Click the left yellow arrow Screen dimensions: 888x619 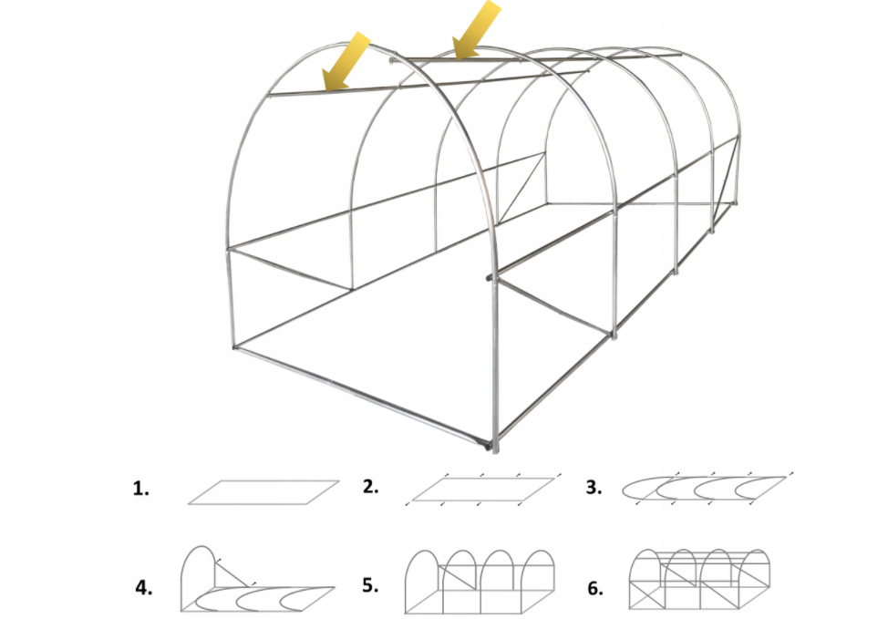click(x=346, y=61)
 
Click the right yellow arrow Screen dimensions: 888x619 click(x=476, y=29)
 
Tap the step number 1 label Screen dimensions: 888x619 click(x=141, y=488)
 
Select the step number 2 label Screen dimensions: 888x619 click(x=370, y=487)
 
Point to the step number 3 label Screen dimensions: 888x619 click(x=594, y=487)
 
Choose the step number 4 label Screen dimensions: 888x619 click(x=144, y=588)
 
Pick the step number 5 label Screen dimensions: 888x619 click(x=370, y=585)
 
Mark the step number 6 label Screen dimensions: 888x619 click(x=595, y=588)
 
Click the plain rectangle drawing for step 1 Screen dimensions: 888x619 click(x=263, y=492)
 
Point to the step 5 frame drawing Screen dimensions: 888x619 click(x=480, y=582)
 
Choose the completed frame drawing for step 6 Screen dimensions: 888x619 click(x=699, y=580)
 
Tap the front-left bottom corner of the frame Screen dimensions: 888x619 click(x=235, y=346)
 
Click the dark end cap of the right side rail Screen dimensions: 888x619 click(x=489, y=277)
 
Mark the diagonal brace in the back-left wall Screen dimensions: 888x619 click(x=521, y=188)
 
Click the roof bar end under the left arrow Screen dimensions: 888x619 click(x=271, y=95)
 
